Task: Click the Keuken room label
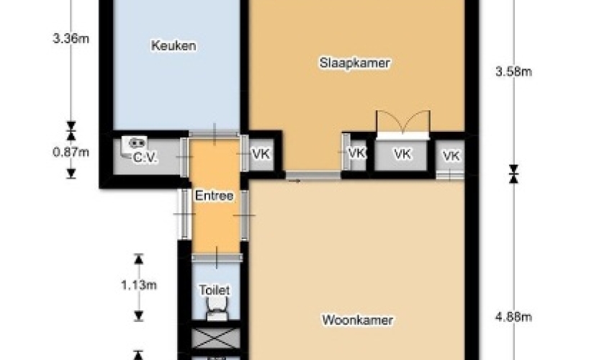pos(174,45)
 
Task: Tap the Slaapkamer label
pos(354,63)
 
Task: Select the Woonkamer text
pos(357,320)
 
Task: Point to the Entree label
pos(214,196)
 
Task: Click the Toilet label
pos(215,290)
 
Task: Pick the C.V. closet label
pos(145,158)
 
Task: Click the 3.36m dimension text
pos(71,39)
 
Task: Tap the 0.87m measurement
pos(71,152)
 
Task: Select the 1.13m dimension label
pos(139,285)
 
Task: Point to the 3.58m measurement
pos(513,71)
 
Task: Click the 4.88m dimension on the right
pos(513,317)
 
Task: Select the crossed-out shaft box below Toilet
pos(216,338)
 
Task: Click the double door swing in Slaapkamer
pos(403,123)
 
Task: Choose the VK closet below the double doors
pos(402,154)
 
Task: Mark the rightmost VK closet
pos(451,156)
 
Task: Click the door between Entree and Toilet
pos(217,257)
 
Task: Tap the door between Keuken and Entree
pos(215,134)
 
